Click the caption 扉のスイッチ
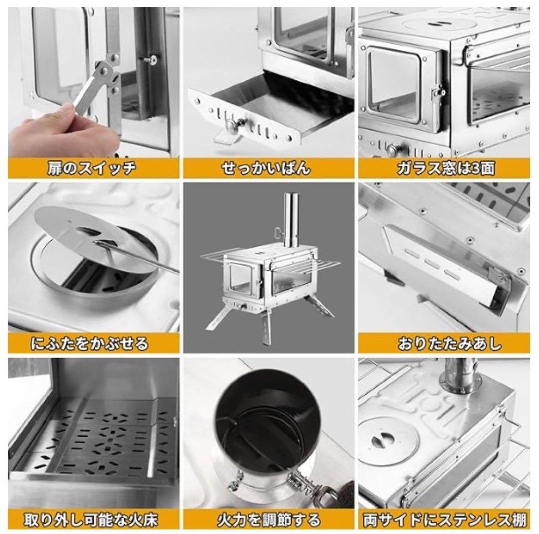click(92, 168)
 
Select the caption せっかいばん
click(266, 168)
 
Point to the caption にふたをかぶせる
click(89, 343)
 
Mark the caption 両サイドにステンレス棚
click(445, 520)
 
